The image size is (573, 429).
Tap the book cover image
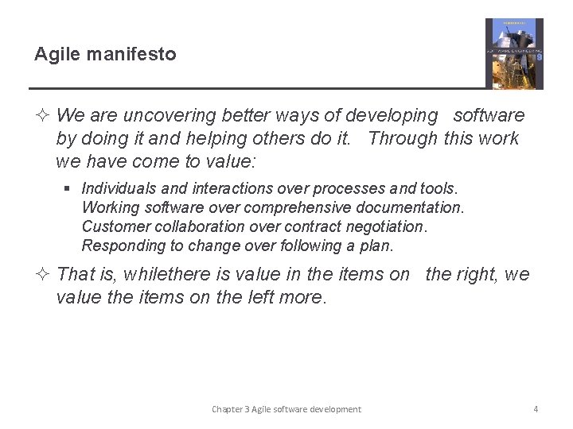click(x=514, y=53)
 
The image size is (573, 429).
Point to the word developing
click(x=390, y=116)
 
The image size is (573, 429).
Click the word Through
click(x=403, y=138)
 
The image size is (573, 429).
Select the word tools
click(x=439, y=188)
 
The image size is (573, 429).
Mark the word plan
click(x=376, y=245)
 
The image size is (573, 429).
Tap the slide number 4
click(x=536, y=409)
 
